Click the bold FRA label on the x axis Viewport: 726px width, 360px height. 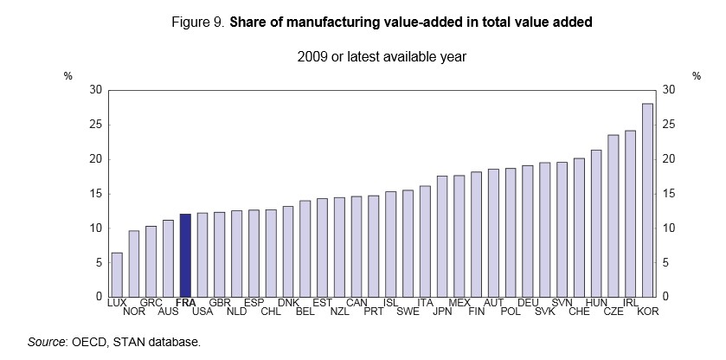click(185, 303)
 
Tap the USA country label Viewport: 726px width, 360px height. click(202, 312)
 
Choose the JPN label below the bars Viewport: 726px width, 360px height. click(442, 312)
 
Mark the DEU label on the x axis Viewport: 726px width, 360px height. click(527, 303)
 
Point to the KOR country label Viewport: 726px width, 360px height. click(647, 312)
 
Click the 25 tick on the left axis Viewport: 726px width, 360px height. click(96, 125)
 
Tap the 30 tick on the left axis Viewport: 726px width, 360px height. click(96, 90)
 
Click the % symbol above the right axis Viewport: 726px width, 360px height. click(696, 76)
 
